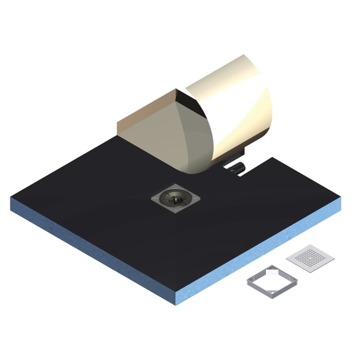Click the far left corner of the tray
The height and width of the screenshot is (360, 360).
coord(11,198)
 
